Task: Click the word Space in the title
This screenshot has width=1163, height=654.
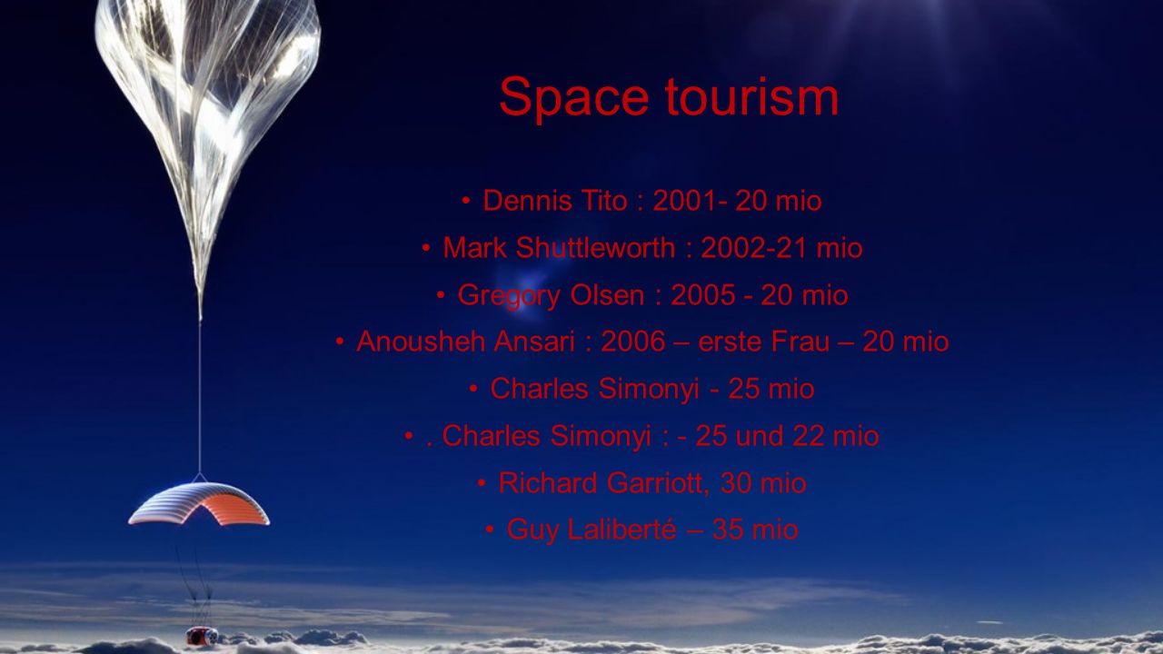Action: tap(574, 98)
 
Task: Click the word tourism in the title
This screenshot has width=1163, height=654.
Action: tap(751, 97)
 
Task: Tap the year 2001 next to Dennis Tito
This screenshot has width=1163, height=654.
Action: tap(685, 201)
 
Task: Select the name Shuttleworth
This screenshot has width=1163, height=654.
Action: tap(595, 248)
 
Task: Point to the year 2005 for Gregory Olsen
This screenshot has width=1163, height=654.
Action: tap(703, 295)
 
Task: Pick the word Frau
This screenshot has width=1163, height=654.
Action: tap(800, 342)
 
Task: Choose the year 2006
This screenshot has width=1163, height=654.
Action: tap(633, 342)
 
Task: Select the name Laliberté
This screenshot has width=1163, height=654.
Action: tap(622, 530)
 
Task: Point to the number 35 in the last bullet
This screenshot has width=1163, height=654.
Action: tap(728, 530)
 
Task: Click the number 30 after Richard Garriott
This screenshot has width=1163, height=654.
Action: tap(736, 483)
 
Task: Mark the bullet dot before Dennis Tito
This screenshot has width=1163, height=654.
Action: tap(466, 201)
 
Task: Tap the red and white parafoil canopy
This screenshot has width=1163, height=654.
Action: tap(199, 502)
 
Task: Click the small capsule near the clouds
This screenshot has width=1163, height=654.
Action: tap(202, 636)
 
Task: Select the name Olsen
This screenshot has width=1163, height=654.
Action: tap(608, 295)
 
